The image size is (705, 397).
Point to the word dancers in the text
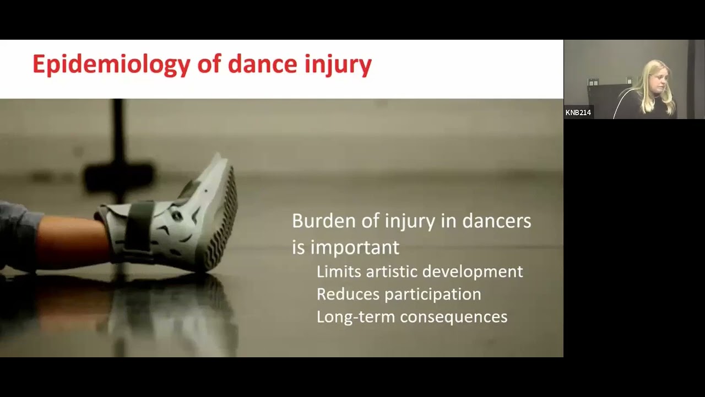[496, 221]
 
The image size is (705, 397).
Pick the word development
[473, 272]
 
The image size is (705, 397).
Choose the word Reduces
[348, 294]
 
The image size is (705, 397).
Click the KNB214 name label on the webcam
[578, 112]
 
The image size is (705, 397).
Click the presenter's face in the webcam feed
[658, 79]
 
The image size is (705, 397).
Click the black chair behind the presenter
[606, 99]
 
